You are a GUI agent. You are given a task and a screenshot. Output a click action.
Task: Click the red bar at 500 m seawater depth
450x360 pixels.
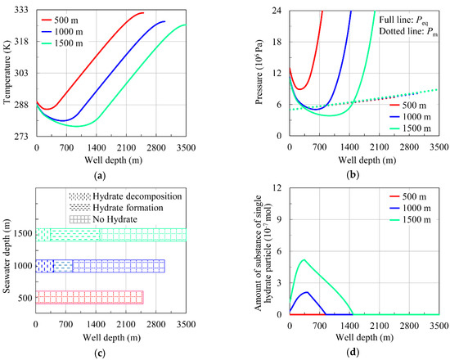tap(90, 297)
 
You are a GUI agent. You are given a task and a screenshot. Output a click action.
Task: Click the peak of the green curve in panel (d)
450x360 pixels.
tap(304, 260)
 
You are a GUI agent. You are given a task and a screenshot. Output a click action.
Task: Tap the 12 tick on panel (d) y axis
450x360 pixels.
tap(277, 189)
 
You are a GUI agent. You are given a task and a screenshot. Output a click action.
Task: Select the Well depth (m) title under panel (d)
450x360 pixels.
tap(364, 337)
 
